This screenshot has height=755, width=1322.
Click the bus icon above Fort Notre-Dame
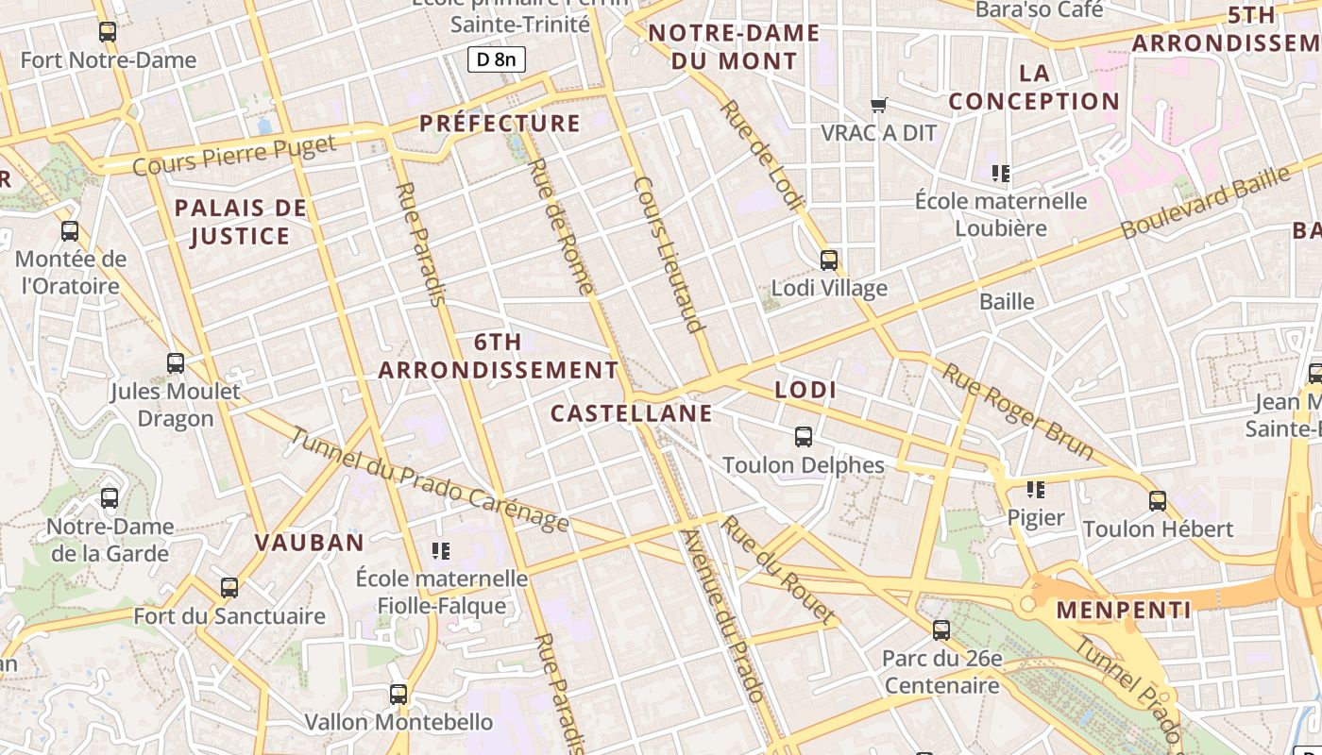(108, 32)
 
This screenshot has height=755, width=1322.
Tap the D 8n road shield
(496, 60)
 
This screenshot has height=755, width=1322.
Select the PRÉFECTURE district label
(500, 123)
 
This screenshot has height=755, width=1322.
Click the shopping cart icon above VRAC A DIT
(879, 105)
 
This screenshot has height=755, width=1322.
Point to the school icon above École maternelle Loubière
(1001, 173)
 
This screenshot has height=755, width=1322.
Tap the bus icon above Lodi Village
(829, 260)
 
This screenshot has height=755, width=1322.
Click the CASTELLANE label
(631, 413)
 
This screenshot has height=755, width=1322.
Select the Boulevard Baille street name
(1205, 202)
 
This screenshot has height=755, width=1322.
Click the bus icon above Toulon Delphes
(804, 437)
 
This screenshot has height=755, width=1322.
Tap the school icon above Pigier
(1036, 489)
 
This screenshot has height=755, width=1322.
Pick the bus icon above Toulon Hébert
(1158, 500)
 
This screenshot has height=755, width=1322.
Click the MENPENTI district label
(1124, 610)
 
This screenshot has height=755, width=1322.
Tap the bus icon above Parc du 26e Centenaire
(941, 629)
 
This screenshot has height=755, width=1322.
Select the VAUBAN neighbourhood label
(309, 542)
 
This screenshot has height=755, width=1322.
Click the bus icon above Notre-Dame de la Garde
(110, 497)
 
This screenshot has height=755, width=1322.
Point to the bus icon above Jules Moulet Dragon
(176, 362)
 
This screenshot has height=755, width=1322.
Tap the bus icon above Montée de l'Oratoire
(70, 230)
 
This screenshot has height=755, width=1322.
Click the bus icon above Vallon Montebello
(398, 695)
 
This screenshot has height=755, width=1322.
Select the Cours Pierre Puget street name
(234, 156)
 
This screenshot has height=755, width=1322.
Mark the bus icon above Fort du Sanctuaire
(229, 588)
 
